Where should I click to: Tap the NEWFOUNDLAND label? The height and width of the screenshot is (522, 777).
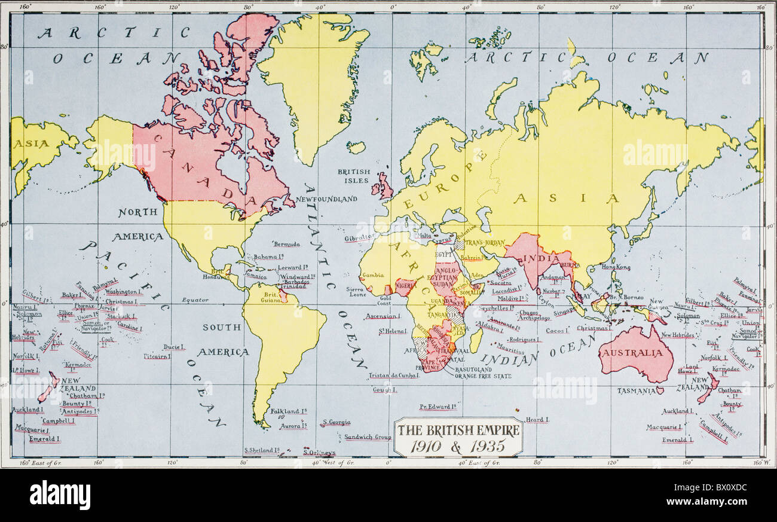tap(326, 199)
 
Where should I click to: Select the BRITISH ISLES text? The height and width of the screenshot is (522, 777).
tap(354, 176)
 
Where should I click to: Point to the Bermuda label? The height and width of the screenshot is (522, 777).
tap(287, 244)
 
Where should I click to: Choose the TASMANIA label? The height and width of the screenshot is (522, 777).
tap(636, 390)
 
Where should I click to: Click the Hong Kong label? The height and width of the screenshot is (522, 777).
tap(616, 267)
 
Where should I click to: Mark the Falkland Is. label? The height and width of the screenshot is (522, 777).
tap(289, 411)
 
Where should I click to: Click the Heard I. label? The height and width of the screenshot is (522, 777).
tap(537, 420)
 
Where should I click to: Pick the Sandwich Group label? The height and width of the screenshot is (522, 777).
tap(368, 437)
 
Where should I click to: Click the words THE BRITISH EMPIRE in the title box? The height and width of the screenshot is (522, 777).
tap(458, 429)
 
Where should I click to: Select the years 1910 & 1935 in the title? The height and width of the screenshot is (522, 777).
tap(459, 445)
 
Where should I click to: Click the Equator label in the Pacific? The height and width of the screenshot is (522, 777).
tap(195, 300)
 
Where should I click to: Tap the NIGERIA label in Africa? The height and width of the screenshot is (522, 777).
tap(406, 286)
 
